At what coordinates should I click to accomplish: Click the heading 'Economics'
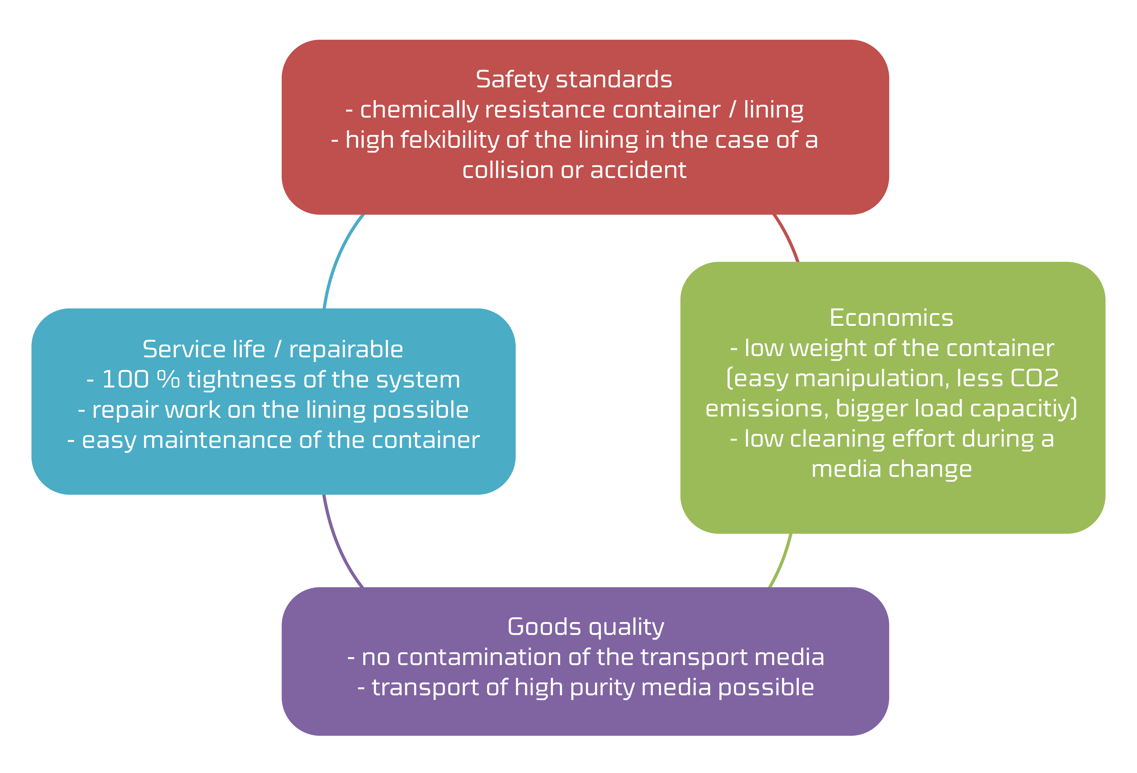pos(891,318)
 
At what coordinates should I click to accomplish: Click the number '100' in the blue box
pos(125,380)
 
